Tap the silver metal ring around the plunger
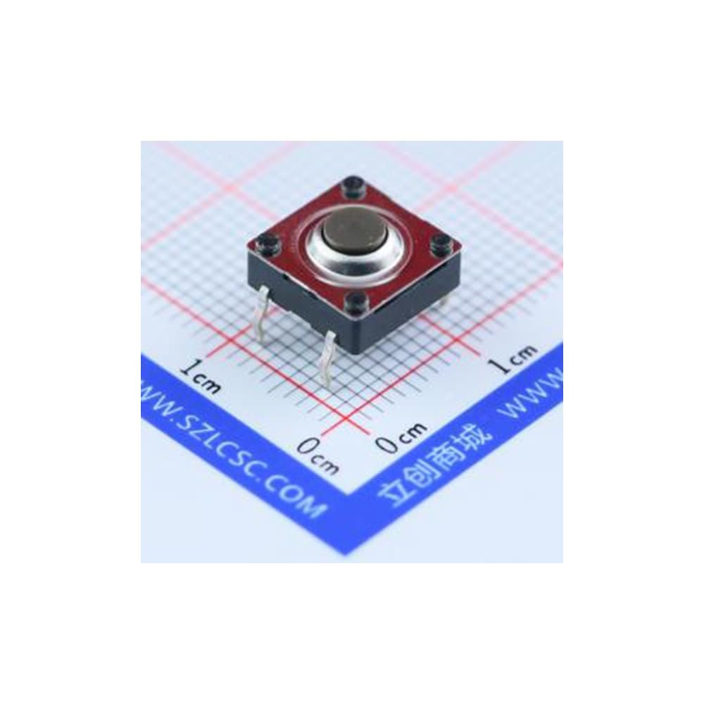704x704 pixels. (x=354, y=270)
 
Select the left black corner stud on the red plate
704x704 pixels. (x=265, y=245)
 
